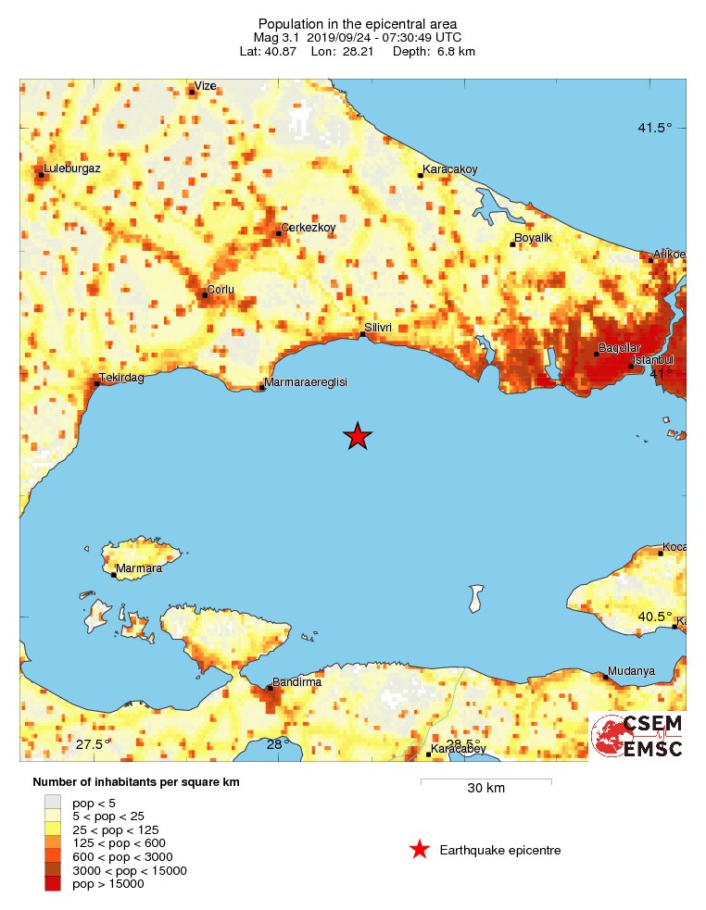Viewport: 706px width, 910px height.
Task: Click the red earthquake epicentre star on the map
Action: pos(358,435)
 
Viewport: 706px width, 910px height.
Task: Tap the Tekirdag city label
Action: pos(123,378)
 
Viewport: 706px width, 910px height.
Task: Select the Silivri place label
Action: pos(379,328)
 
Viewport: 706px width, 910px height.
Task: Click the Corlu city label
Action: pos(221,290)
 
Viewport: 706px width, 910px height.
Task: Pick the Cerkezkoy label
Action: pos(308,228)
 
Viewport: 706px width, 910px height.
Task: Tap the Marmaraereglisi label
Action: pos(306,382)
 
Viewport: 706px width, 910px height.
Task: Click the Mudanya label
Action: pos(631,671)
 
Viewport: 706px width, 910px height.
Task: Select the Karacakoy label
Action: pos(450,169)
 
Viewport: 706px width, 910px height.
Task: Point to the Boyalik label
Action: pos(533,238)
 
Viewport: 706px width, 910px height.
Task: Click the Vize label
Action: pos(205,86)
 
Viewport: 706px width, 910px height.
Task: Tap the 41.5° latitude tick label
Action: pos(654,129)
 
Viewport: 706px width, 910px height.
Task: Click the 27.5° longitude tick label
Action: pos(93,745)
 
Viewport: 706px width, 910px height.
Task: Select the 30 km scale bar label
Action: pos(485,789)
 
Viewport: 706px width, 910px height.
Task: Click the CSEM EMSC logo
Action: pos(637,736)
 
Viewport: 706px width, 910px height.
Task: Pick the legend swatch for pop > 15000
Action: pos(53,884)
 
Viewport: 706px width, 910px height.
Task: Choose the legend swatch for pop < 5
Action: pos(53,802)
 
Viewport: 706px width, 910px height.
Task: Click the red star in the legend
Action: pos(420,850)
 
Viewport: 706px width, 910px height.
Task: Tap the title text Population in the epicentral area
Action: pos(358,23)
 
